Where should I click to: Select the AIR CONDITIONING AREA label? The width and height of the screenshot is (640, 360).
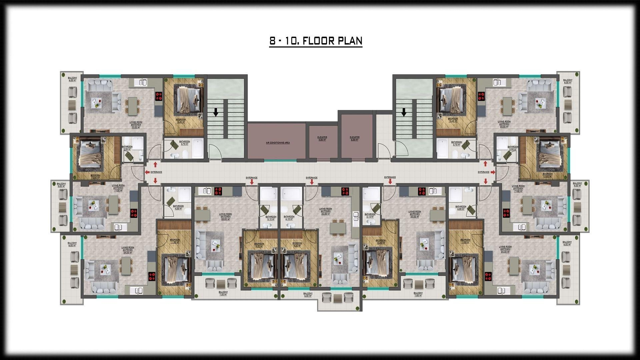click(278, 143)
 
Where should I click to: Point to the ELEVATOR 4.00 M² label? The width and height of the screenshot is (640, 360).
click(322, 138)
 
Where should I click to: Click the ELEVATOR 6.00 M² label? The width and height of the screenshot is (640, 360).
click(355, 138)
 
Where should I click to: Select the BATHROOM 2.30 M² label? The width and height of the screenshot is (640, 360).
click(127, 148)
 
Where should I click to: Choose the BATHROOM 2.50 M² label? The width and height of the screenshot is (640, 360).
click(513, 148)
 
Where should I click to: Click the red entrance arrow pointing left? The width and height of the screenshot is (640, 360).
click(147, 172)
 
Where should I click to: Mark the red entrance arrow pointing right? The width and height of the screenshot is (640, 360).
click(492, 172)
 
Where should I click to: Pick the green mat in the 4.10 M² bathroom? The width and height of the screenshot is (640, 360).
click(297, 209)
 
